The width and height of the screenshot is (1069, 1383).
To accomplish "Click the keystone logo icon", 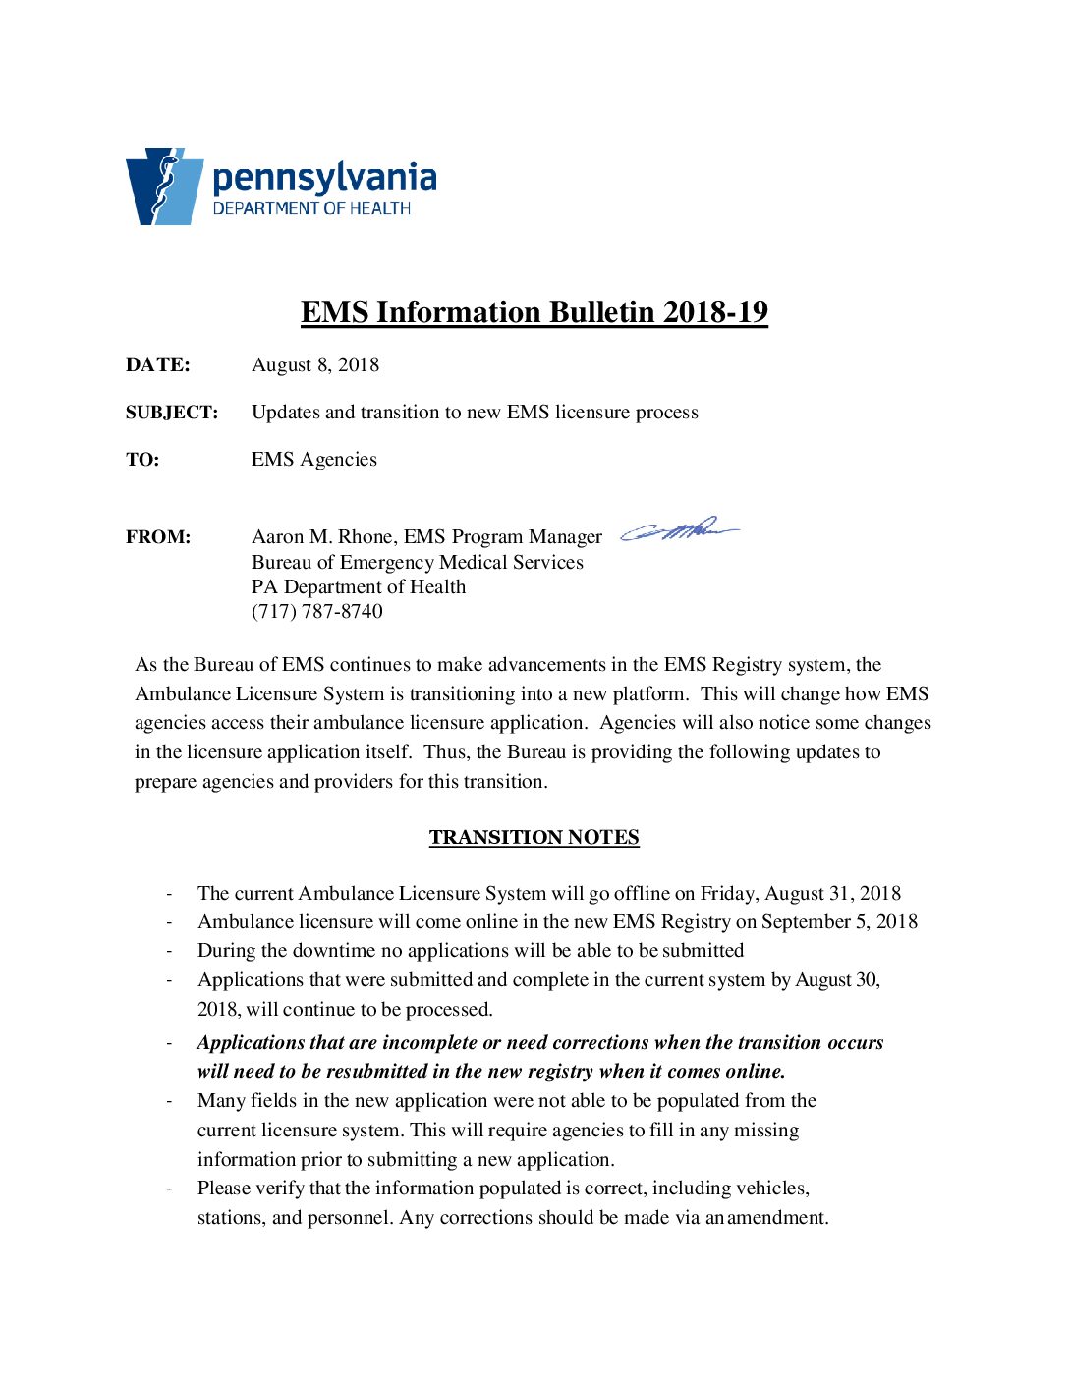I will point(163,187).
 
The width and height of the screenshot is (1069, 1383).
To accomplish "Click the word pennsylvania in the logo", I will point(324,178).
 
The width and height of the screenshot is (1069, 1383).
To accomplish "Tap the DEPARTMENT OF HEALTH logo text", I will point(311,208).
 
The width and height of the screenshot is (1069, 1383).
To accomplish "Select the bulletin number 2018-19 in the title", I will point(715,311).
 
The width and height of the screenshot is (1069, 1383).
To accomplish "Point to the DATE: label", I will point(157,365).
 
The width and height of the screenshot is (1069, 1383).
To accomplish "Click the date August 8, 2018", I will point(315,365).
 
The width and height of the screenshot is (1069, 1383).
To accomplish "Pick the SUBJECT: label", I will point(171,413).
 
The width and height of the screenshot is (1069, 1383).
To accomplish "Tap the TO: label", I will point(141,460).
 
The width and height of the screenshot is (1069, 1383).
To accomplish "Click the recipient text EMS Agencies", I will point(314,460).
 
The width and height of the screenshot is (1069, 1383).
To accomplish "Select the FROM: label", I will point(158,537).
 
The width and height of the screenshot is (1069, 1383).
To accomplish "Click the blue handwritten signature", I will point(679,530).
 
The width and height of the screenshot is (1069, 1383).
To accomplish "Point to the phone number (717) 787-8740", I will point(317,611).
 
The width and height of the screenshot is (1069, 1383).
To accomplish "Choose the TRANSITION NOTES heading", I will point(534,837).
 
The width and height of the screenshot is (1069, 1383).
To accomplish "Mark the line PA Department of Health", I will point(359,586).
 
